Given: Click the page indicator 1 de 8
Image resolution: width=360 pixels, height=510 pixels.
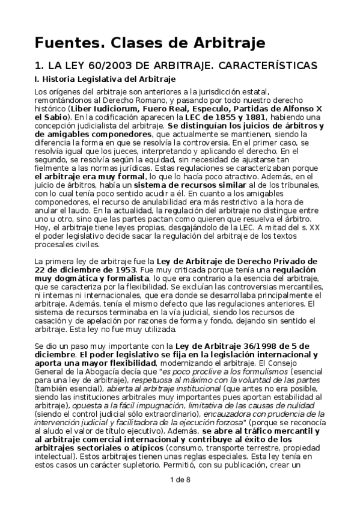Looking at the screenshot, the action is (180, 496).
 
